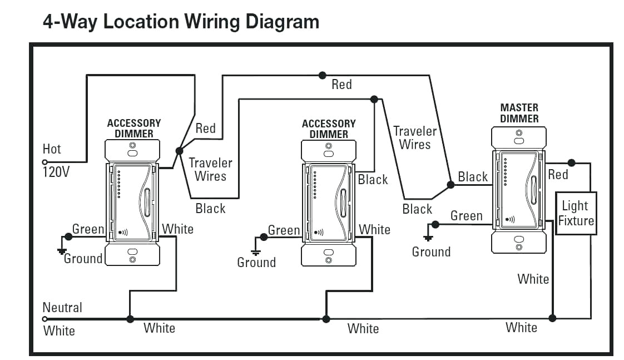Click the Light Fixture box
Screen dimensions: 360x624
pyautogui.click(x=576, y=213)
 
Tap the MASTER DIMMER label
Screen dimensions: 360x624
pyautogui.click(x=519, y=113)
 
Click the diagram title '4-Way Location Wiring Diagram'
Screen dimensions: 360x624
pyautogui.click(x=181, y=22)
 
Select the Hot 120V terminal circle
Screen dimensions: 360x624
pyautogui.click(x=45, y=162)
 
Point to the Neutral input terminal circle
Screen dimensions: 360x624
pyautogui.click(x=45, y=319)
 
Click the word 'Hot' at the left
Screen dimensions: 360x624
pyautogui.click(x=52, y=149)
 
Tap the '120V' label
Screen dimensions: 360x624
pyautogui.click(x=56, y=172)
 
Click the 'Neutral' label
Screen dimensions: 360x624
pyautogui.click(x=62, y=307)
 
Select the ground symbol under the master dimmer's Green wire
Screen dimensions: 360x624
pyautogui.click(x=428, y=238)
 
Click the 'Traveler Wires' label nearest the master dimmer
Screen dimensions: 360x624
pyautogui.click(x=415, y=138)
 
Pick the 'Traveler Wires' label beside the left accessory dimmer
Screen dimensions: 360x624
pyautogui.click(x=210, y=170)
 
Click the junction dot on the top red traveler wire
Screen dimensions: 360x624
pyautogui.click(x=322, y=75)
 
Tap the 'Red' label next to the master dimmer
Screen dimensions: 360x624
pyautogui.click(x=558, y=175)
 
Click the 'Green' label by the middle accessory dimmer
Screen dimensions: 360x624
pyautogui.click(x=284, y=230)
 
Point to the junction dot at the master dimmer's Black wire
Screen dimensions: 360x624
pyautogui.click(x=450, y=184)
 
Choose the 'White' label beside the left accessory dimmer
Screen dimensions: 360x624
pyautogui.click(x=177, y=229)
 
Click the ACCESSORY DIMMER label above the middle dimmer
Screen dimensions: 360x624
pyautogui.click(x=329, y=129)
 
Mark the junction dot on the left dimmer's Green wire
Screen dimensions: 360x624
pyautogui.click(x=68, y=236)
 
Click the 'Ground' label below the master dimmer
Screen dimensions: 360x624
pyautogui.click(x=431, y=252)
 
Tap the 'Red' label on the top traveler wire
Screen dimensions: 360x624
pyautogui.click(x=341, y=85)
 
